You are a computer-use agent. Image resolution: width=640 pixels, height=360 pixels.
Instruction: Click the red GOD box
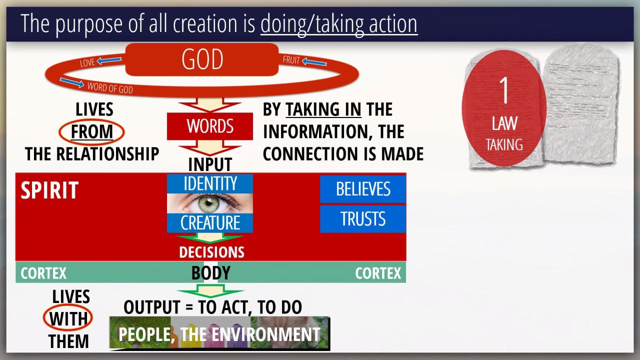(x=202, y=59)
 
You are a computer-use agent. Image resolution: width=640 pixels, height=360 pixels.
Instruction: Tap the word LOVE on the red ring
(x=87, y=62)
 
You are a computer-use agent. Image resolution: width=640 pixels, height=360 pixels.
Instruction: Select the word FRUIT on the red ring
(x=291, y=60)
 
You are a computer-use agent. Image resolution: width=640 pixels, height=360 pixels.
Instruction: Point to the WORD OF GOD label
(x=110, y=87)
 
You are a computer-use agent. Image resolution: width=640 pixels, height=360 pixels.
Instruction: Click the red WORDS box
(x=210, y=126)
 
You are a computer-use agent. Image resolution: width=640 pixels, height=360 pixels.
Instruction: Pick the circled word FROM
(x=91, y=132)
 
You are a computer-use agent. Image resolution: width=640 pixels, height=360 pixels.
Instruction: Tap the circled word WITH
(x=68, y=318)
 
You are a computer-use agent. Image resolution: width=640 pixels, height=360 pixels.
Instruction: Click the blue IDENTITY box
(x=210, y=183)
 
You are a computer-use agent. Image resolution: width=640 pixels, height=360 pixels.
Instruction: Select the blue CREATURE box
(x=210, y=223)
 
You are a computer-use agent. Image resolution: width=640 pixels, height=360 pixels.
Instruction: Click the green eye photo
(x=210, y=203)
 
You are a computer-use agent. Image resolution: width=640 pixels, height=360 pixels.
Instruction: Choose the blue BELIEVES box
(x=363, y=189)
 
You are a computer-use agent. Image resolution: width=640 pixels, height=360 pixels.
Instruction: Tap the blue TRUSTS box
(x=363, y=219)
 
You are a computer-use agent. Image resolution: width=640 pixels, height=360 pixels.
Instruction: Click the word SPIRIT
(x=49, y=190)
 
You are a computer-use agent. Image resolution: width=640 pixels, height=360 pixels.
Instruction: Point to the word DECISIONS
(x=211, y=252)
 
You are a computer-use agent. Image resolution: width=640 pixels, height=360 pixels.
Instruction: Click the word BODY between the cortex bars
(x=211, y=273)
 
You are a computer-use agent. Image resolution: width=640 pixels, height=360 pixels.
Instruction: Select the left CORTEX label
(x=43, y=273)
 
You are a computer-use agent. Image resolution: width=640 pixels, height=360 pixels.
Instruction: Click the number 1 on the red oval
(x=504, y=90)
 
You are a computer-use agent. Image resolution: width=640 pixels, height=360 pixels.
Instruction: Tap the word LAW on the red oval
(x=504, y=123)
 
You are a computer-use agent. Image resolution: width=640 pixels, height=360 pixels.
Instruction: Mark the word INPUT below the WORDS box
(x=210, y=164)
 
